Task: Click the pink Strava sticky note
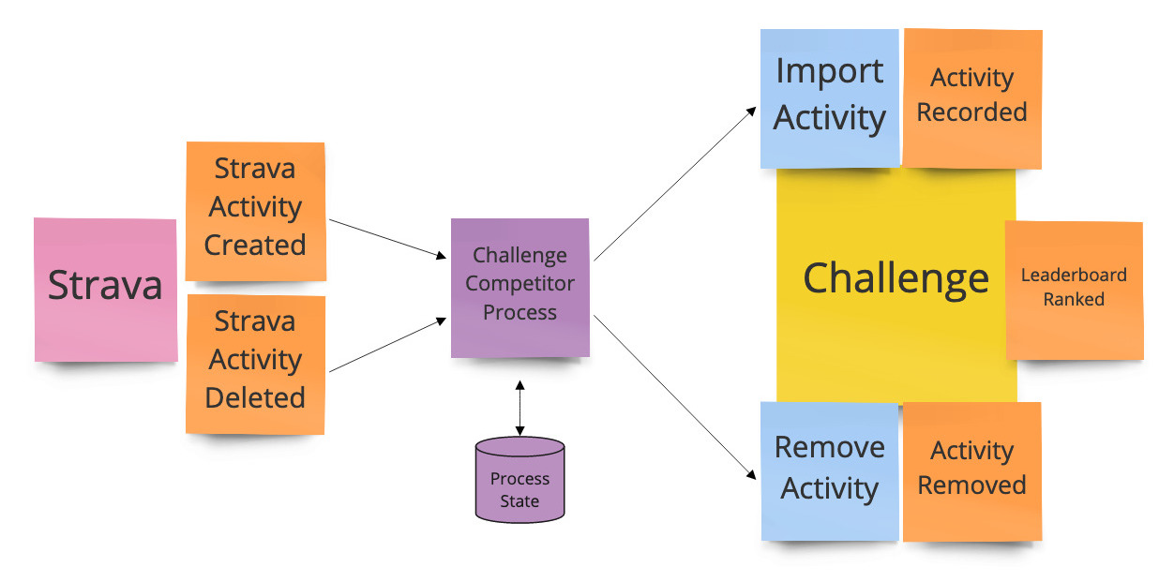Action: [x=105, y=290]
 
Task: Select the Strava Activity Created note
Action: [x=256, y=211]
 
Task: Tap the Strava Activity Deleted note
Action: [x=256, y=365]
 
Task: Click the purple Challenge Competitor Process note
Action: [x=519, y=288]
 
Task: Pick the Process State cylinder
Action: [x=519, y=479]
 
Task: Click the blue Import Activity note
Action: [x=830, y=98]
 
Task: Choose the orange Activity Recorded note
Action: [x=972, y=98]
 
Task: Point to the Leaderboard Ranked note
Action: [x=1074, y=291]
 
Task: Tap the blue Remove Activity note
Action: [x=830, y=471]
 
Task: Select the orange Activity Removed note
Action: [x=972, y=471]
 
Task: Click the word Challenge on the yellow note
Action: [x=896, y=279]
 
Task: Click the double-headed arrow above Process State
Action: [x=519, y=408]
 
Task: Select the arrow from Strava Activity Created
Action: [x=388, y=239]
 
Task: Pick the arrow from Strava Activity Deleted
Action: [x=388, y=345]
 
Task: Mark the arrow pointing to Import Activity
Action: [x=675, y=184]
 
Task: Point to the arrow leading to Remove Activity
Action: [x=675, y=397]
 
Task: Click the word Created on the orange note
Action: [x=255, y=245]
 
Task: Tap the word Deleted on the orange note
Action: [x=255, y=397]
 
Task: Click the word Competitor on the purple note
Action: [x=519, y=285]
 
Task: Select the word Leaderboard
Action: [x=1074, y=275]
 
